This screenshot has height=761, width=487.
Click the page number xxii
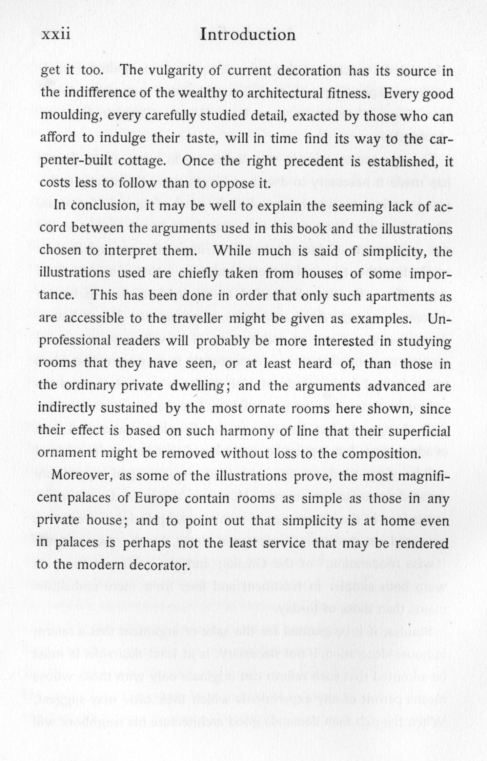point(56,35)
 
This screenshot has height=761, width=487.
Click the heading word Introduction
point(248,35)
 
